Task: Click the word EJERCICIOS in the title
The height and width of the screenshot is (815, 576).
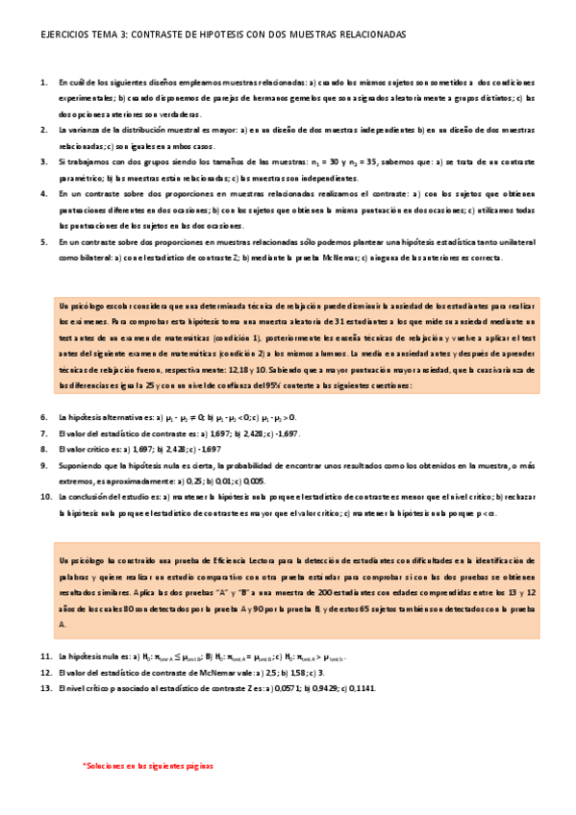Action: (x=61, y=34)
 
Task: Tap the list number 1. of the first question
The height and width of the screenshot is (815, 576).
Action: (x=44, y=83)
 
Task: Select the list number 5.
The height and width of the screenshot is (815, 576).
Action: (x=44, y=242)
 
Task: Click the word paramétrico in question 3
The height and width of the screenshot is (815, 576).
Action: (x=79, y=178)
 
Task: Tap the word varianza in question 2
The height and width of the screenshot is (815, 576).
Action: (x=88, y=130)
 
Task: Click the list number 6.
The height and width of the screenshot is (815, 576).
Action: (x=44, y=417)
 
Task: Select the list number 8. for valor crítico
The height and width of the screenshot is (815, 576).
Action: (x=44, y=449)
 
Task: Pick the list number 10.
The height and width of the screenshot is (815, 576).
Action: (x=45, y=497)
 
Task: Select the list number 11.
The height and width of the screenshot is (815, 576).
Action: (x=45, y=655)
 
